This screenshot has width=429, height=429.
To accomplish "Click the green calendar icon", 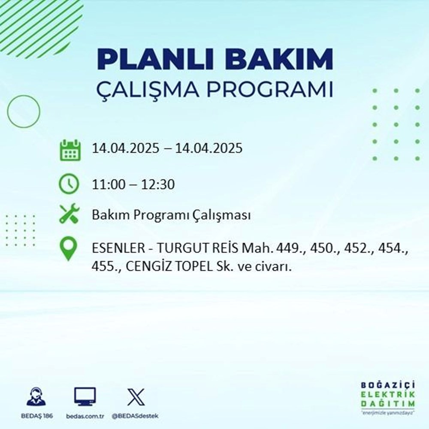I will [70, 149].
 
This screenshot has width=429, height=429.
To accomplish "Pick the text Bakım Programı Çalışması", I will [171, 215].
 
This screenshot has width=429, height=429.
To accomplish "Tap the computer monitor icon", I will [85, 397].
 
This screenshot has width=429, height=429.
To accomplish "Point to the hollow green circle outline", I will [24, 111].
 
